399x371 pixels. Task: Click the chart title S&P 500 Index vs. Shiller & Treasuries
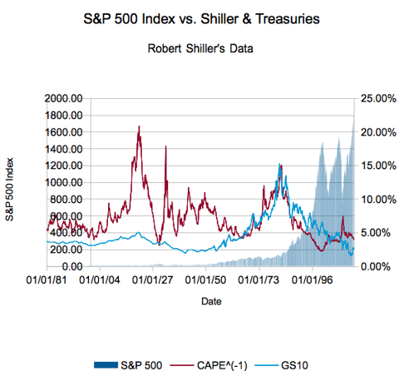[199, 17]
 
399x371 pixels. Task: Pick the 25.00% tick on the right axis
[377, 98]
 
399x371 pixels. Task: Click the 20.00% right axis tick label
[377, 131]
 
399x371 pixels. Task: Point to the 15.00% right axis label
[377, 166]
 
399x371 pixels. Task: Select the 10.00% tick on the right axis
[377, 199]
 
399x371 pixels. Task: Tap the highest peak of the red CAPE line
[139, 127]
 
